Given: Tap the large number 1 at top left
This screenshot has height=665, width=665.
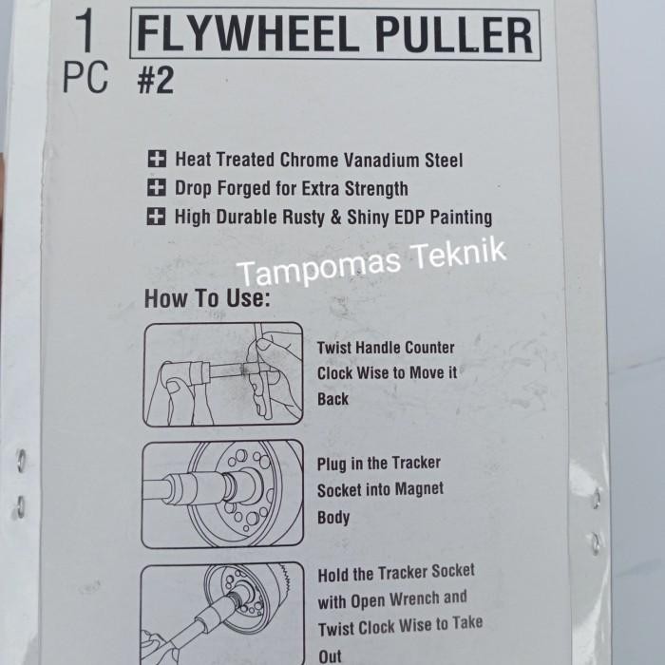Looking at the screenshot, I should tap(85, 32).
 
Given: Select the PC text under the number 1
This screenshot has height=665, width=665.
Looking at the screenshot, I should tap(85, 79).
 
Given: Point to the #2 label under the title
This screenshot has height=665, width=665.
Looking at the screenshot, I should tap(155, 82).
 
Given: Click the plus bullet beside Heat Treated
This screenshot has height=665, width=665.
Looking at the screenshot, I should tap(156, 160).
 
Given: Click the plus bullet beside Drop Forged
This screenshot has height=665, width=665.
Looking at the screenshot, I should tap(156, 188).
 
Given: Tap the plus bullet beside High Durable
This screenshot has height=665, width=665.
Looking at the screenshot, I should tap(156, 217).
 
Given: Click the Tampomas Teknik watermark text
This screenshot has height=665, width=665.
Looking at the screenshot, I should tap(372, 263).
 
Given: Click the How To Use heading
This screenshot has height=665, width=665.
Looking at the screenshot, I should tap(207, 298).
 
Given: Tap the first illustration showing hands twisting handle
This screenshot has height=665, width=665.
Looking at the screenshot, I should tap(222, 374).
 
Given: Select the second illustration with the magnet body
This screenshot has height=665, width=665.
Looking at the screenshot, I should tap(222, 494).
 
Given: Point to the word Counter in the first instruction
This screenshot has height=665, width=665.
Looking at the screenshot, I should tap(424, 348).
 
